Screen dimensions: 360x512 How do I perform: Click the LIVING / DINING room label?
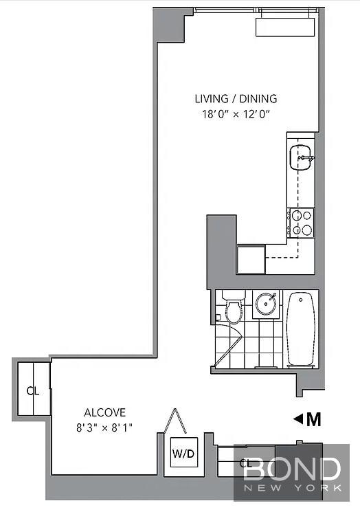pyautogui.click(x=236, y=98)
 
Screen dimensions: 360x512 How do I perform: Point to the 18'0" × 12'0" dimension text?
pyautogui.click(x=236, y=114)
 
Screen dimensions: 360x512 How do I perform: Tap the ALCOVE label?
pyautogui.click(x=104, y=412)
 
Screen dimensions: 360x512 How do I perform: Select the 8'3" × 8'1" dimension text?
pyautogui.click(x=104, y=427)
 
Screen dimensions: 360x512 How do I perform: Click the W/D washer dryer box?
pyautogui.click(x=183, y=452)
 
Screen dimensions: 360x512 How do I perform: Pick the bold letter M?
pyautogui.click(x=314, y=420)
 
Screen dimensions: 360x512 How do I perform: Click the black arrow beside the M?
pyautogui.click(x=297, y=419)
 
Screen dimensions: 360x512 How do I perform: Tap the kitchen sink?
pyautogui.click(x=301, y=157)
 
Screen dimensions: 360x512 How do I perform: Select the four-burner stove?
pyautogui.click(x=300, y=223)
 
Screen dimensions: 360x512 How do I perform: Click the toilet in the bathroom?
pyautogui.click(x=234, y=307)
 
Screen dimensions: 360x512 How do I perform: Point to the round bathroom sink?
pyautogui.click(x=267, y=304)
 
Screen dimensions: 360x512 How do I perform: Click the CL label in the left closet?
pyautogui.click(x=33, y=391)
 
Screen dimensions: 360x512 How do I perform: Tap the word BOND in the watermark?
pyautogui.click(x=292, y=469)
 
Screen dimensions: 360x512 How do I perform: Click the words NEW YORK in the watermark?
pyautogui.click(x=293, y=488)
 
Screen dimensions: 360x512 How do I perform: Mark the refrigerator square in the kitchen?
pyautogui.click(x=251, y=260)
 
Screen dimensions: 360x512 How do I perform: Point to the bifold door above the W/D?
pyautogui.click(x=176, y=421)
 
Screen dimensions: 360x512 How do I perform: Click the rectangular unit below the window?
pyautogui.click(x=285, y=27)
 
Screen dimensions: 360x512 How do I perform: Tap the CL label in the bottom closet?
pyautogui.click(x=245, y=463)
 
